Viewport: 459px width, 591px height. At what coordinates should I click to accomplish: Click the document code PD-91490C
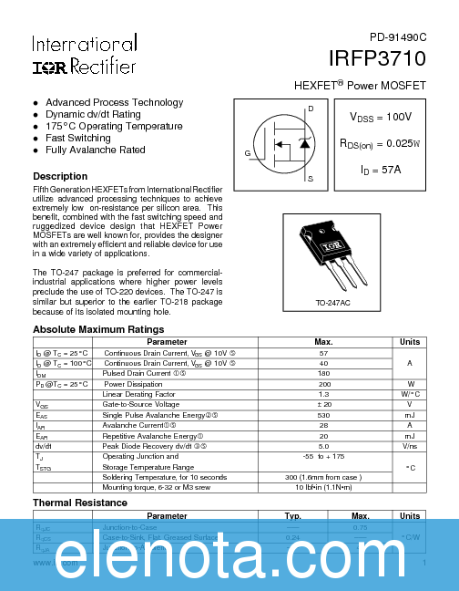[x=397, y=37]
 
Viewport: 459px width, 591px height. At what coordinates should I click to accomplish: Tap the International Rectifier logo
[x=85, y=56]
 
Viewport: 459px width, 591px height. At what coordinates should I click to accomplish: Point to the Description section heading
[x=60, y=176]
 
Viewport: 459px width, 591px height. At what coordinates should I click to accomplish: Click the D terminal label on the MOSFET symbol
[x=311, y=109]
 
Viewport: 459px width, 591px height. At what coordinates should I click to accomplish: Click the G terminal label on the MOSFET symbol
[x=247, y=153]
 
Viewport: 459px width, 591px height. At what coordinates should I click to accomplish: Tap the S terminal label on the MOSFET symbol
[x=311, y=180]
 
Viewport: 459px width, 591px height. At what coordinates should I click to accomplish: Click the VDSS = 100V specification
[x=381, y=118]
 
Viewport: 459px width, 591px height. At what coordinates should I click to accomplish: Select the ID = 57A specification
[x=381, y=169]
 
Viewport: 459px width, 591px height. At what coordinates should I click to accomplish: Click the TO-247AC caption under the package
[x=334, y=302]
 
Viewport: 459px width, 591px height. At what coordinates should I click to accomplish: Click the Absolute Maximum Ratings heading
[x=98, y=328]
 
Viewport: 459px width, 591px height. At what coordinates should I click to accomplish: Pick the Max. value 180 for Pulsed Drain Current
[x=323, y=373]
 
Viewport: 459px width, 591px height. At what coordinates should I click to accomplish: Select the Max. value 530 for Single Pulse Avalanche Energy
[x=323, y=414]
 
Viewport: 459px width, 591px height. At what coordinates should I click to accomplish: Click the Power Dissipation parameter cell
[x=132, y=384]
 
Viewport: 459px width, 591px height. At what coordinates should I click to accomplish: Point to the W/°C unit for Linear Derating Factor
[x=410, y=394]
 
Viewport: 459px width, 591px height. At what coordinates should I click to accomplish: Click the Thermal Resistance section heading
[x=80, y=503]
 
